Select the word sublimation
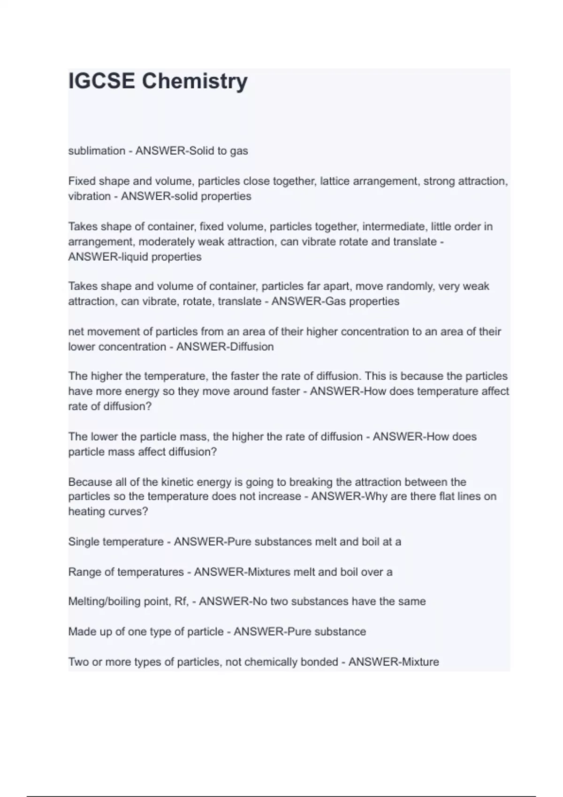[x=97, y=151]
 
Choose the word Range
[x=85, y=572]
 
